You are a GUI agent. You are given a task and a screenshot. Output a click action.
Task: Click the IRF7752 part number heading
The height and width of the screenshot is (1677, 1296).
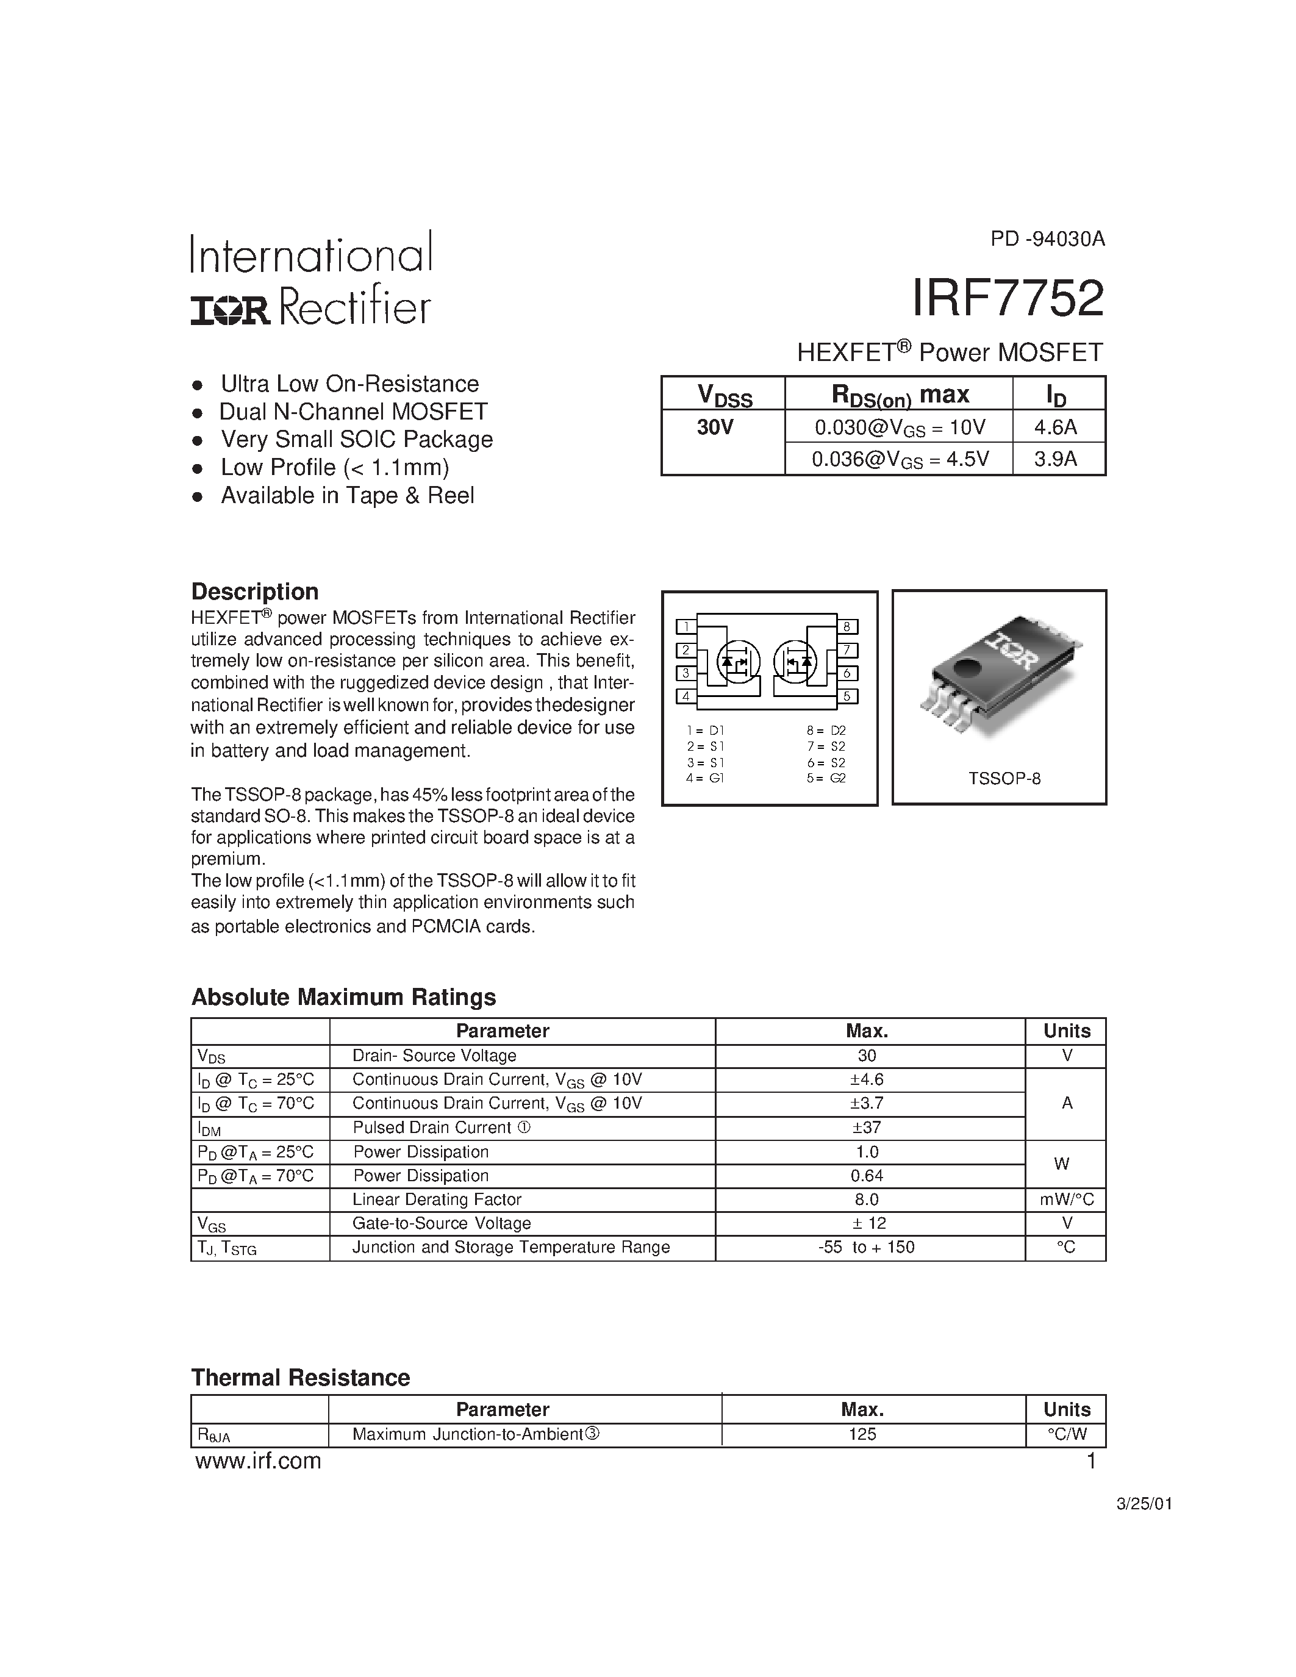coord(1008,298)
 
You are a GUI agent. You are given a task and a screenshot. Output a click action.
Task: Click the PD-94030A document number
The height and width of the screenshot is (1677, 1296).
coord(1047,239)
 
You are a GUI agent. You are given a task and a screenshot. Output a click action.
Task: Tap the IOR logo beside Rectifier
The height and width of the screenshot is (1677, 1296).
coord(231,310)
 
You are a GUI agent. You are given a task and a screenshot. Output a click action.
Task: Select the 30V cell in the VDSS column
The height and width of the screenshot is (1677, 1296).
coord(715,427)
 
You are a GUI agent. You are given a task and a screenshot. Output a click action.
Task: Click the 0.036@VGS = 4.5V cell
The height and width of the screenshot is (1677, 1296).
coord(900,459)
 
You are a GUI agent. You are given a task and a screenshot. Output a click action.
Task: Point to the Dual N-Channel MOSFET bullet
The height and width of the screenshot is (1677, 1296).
coord(353,412)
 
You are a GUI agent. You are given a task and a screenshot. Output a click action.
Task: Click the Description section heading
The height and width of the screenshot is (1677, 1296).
coord(254,592)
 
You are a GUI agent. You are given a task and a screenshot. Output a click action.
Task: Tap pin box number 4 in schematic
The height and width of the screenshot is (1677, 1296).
coord(686,696)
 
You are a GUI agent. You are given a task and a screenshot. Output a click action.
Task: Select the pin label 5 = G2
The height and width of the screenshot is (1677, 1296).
coord(826,778)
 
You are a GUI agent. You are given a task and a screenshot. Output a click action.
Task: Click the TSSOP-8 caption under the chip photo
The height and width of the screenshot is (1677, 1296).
coord(1004,779)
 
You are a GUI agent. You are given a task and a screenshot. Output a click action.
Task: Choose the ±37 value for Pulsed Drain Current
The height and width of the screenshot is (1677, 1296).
coord(867,1127)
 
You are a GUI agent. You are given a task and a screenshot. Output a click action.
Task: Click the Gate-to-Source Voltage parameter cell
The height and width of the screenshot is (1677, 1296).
coord(442,1223)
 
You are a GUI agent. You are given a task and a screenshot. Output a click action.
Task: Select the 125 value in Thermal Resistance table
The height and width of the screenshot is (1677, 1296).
coord(862,1434)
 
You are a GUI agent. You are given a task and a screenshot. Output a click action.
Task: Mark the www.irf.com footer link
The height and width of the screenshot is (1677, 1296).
coord(258,1461)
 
